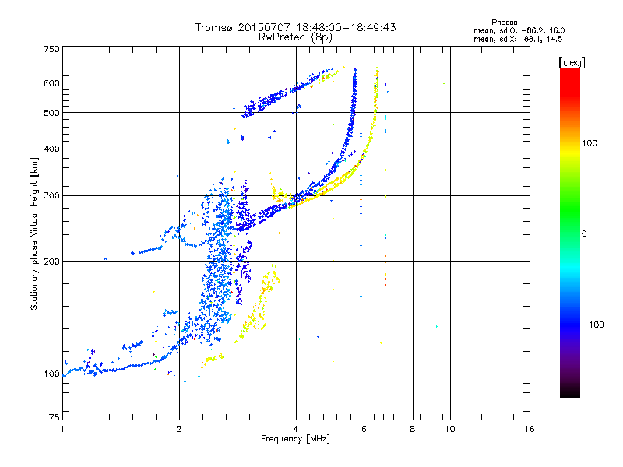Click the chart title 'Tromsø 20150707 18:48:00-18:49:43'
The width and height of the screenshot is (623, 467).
click(x=296, y=27)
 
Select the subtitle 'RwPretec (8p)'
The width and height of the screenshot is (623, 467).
click(x=296, y=37)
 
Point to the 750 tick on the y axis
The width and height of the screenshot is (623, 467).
click(x=51, y=48)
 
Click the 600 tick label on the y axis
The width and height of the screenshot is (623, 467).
click(x=51, y=83)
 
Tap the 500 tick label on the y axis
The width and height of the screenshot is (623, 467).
click(x=51, y=112)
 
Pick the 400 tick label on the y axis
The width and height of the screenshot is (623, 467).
click(x=51, y=149)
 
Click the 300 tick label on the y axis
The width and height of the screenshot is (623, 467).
click(x=51, y=195)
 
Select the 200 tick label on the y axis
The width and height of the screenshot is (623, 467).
click(x=51, y=261)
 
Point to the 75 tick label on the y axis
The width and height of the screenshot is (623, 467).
click(x=54, y=418)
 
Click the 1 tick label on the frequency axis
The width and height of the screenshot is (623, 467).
click(x=62, y=429)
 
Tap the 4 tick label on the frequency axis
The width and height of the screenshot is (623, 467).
click(x=296, y=429)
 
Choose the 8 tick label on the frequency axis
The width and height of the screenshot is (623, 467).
click(x=413, y=429)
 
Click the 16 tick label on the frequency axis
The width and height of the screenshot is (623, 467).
click(x=529, y=429)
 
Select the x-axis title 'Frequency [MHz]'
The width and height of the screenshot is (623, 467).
click(x=295, y=440)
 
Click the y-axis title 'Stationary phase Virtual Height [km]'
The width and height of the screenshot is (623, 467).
click(x=34, y=233)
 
